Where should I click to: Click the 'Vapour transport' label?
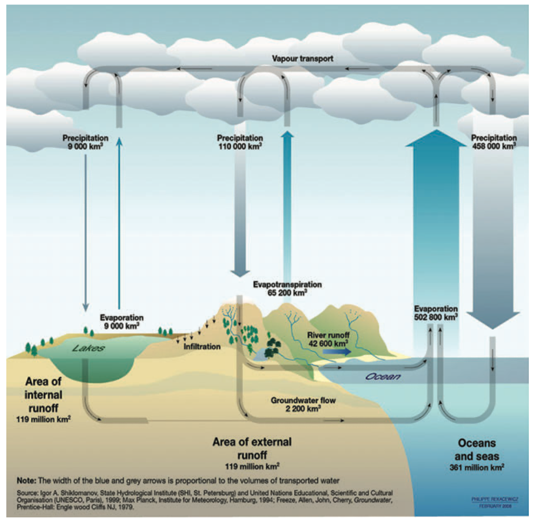pos(303,59)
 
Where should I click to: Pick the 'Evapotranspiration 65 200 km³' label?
pos(287,288)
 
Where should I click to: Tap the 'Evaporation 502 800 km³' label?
pos(436,313)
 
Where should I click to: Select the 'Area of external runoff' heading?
pos(252,448)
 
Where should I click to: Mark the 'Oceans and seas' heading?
pos(477,449)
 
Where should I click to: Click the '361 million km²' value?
pos(477,468)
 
